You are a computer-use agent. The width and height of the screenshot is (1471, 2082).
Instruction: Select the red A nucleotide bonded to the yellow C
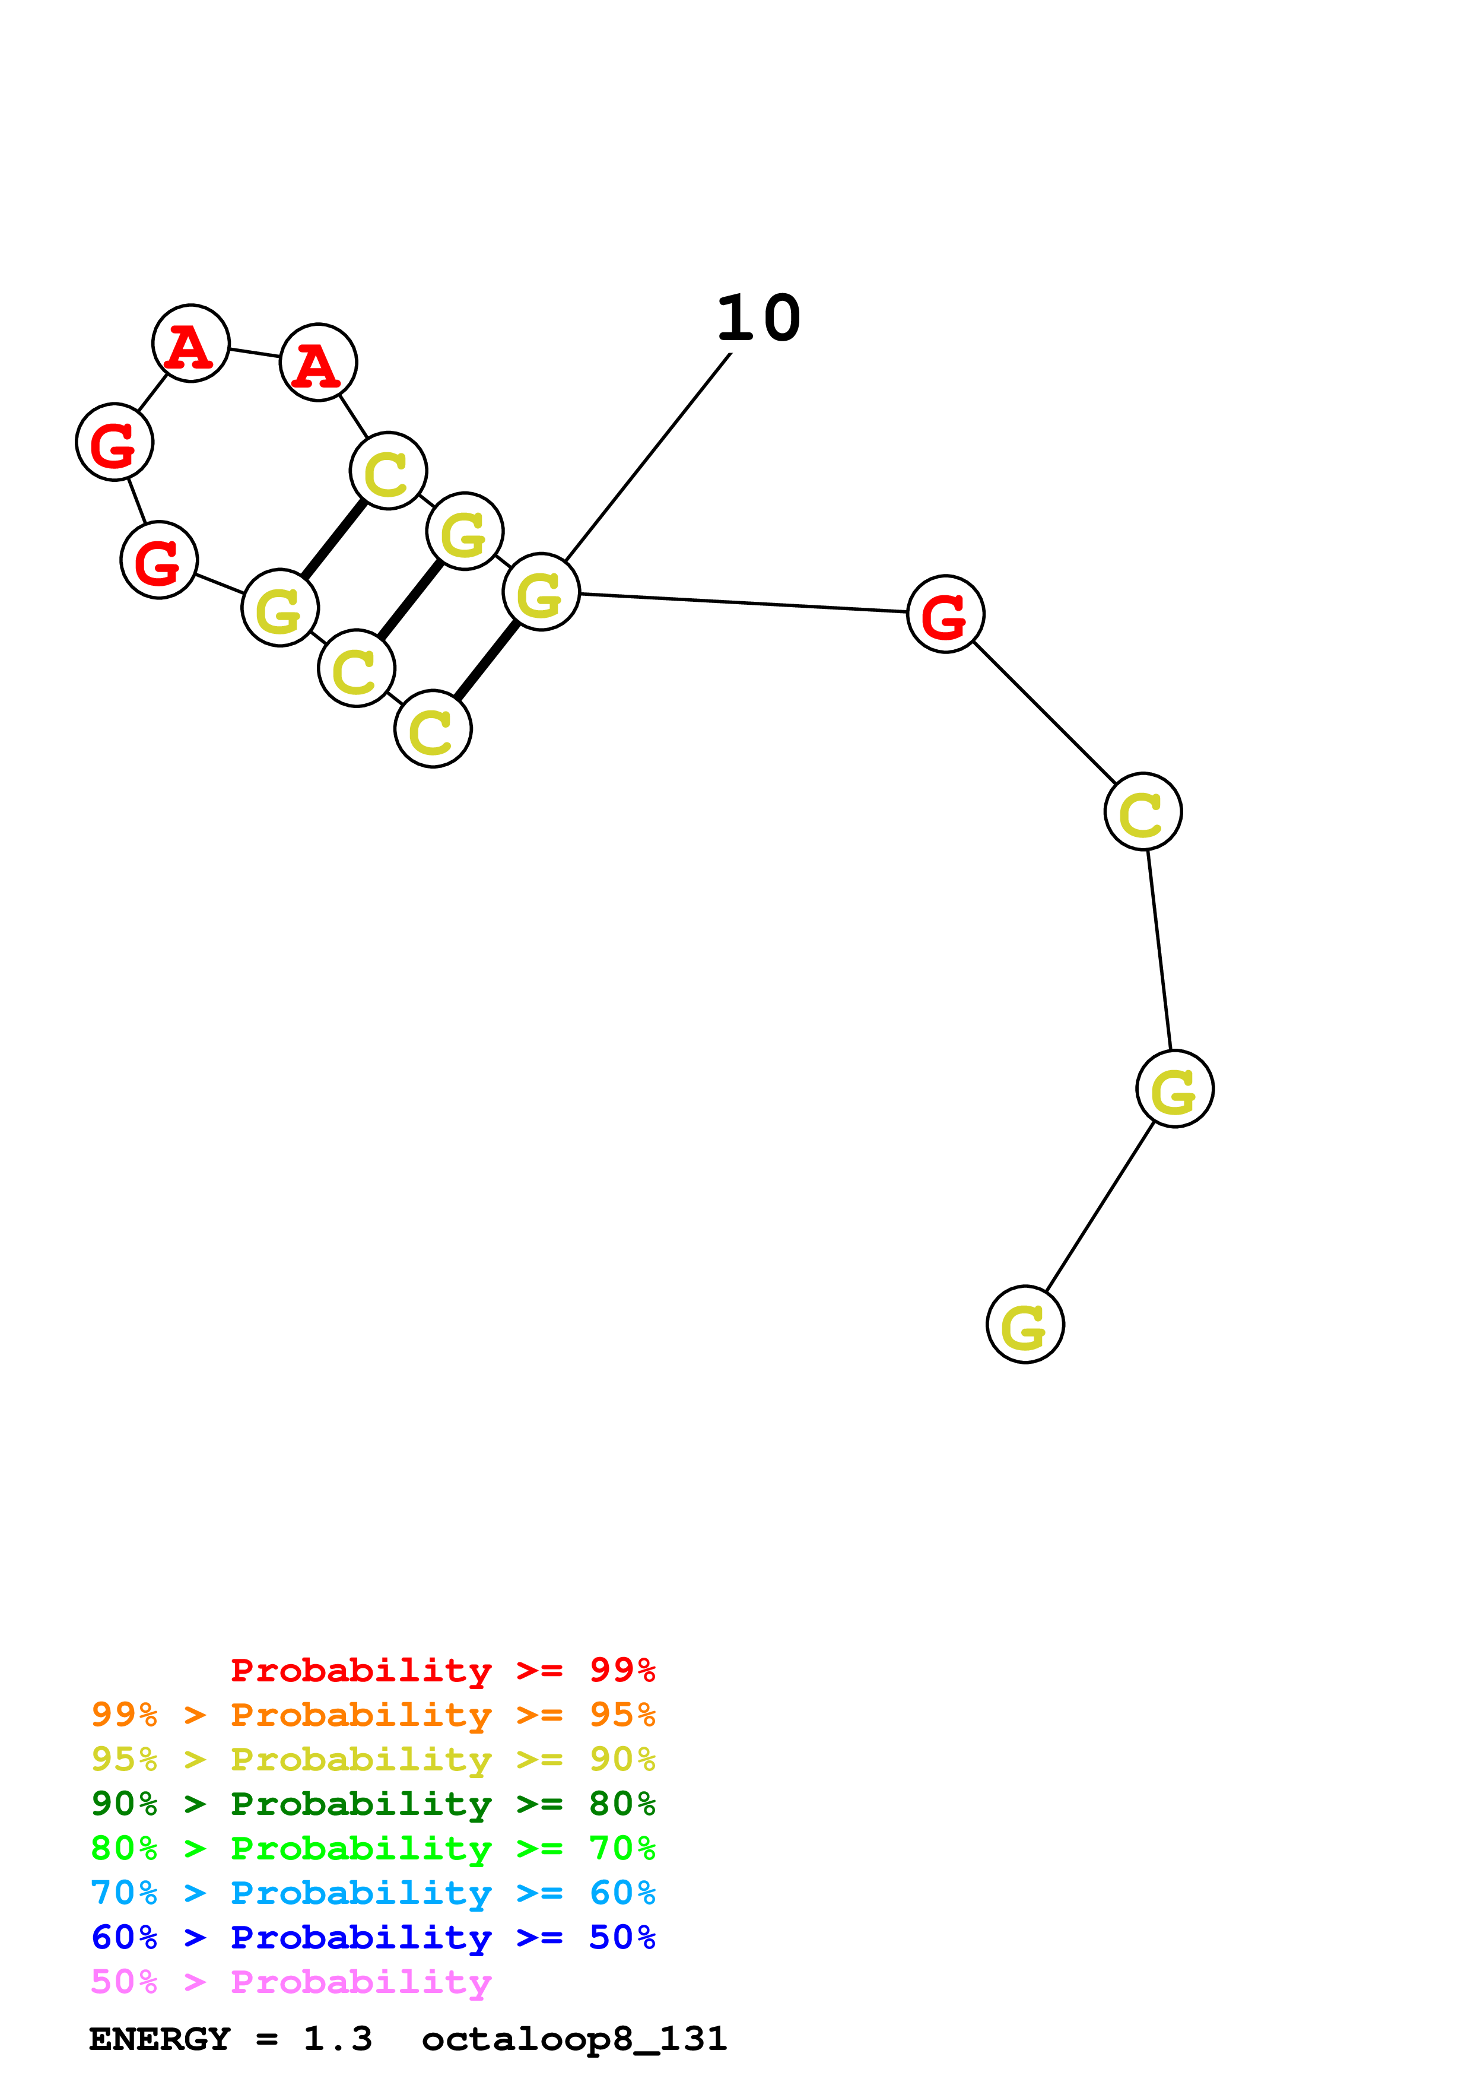[318, 363]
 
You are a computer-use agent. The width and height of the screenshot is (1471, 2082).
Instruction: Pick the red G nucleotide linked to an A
[114, 443]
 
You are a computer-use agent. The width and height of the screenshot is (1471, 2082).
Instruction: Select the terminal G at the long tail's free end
[1025, 1325]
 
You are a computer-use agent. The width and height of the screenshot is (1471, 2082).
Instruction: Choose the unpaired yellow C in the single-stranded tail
[1143, 811]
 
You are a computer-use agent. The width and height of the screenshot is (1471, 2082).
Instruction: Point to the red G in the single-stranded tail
[945, 614]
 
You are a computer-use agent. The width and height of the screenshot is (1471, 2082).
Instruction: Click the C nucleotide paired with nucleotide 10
[433, 729]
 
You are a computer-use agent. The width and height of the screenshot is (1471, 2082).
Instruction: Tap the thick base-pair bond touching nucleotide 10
[487, 661]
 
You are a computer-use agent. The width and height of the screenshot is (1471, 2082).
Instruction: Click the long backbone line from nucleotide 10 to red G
[743, 603]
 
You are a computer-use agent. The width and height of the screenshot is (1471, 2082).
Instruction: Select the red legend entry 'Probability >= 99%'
[442, 1670]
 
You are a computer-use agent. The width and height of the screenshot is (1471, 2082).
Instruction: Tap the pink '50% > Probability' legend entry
[291, 1981]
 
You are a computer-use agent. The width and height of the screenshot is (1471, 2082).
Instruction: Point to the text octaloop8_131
[574, 2039]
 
